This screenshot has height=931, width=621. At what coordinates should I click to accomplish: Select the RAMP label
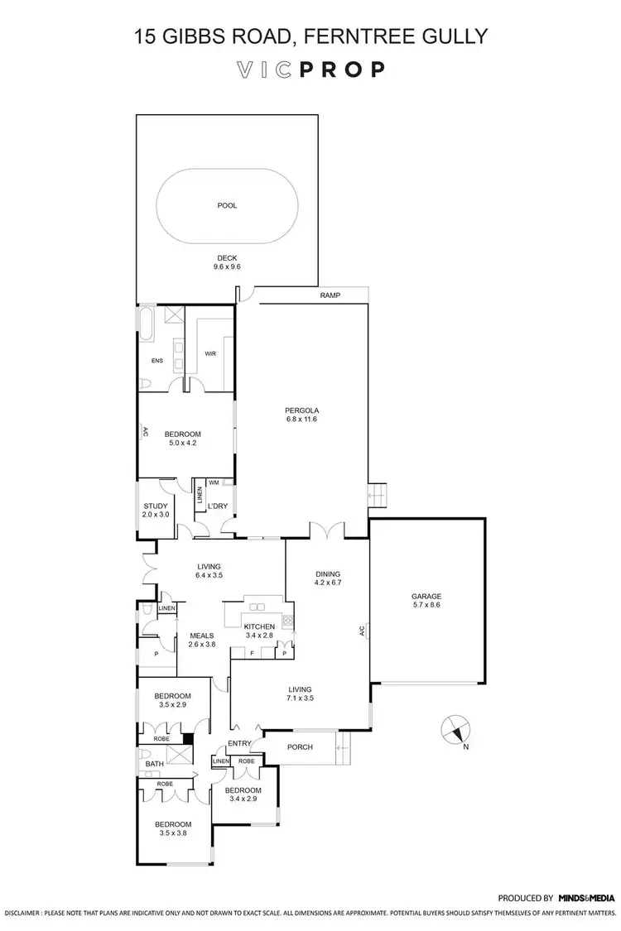[x=330, y=295]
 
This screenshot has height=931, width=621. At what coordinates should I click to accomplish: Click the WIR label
[x=210, y=353]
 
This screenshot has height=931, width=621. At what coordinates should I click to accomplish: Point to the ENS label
[x=157, y=361]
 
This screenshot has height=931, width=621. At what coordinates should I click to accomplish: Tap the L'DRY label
[x=217, y=506]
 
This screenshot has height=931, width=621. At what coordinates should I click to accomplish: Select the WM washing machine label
[x=214, y=482]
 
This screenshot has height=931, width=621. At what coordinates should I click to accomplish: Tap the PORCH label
[x=300, y=747]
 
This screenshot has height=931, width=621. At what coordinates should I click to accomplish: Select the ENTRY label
[x=239, y=744]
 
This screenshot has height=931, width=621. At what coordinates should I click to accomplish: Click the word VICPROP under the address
[x=310, y=69]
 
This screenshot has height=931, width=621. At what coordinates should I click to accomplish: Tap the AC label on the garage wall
[x=362, y=631]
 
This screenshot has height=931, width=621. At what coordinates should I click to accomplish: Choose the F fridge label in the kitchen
[x=253, y=654]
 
